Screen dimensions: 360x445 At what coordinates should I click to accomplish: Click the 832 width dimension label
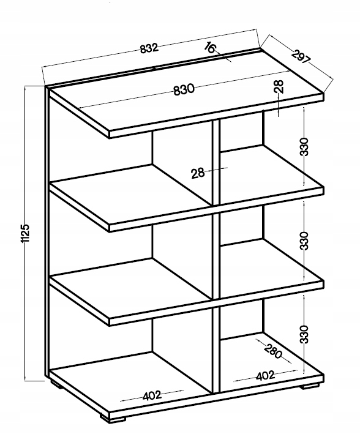(x=149, y=48)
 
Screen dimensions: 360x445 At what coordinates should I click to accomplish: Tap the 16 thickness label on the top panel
(x=211, y=48)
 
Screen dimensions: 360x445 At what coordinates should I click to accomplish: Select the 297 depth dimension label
(x=301, y=56)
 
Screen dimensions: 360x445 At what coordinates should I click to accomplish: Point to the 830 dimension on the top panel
(x=184, y=90)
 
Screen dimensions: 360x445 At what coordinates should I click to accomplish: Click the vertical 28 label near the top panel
(x=279, y=86)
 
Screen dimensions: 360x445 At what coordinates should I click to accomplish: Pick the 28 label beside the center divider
(x=198, y=173)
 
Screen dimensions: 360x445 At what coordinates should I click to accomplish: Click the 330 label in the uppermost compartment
(x=304, y=146)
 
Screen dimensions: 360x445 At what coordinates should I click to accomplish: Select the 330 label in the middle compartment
(x=304, y=241)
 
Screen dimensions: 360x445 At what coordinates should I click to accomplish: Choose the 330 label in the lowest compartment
(x=304, y=334)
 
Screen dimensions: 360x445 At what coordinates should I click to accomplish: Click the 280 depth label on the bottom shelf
(x=273, y=351)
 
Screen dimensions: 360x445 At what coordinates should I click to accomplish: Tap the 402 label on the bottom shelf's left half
(x=152, y=395)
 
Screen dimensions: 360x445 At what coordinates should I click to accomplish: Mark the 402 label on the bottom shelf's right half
(x=266, y=375)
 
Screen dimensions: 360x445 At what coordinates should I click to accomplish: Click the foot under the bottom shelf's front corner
(x=113, y=418)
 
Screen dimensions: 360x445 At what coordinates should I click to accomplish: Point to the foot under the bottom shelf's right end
(x=310, y=386)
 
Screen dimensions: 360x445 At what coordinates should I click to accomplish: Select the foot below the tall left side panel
(x=56, y=384)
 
